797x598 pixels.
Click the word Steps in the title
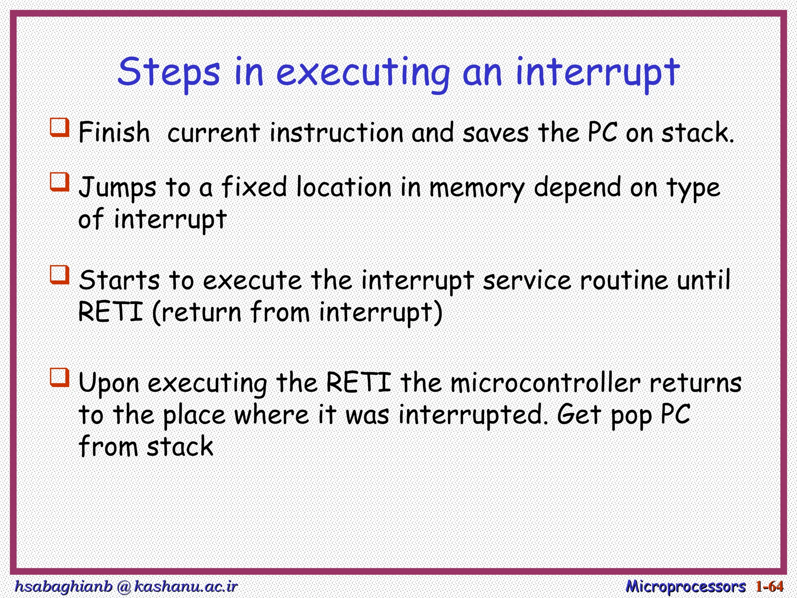[x=169, y=73]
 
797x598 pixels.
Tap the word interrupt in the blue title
[x=597, y=73]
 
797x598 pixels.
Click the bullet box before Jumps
[x=60, y=182]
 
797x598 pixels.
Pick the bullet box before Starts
[x=60, y=275]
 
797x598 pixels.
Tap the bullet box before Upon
[x=60, y=378]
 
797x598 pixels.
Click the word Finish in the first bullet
[x=114, y=132]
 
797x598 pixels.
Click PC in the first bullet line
[x=602, y=132]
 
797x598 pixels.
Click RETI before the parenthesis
[x=111, y=312]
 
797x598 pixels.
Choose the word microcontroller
[x=545, y=383]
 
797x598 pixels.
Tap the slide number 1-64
[x=769, y=586]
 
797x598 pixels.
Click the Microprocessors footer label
[x=685, y=586]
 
